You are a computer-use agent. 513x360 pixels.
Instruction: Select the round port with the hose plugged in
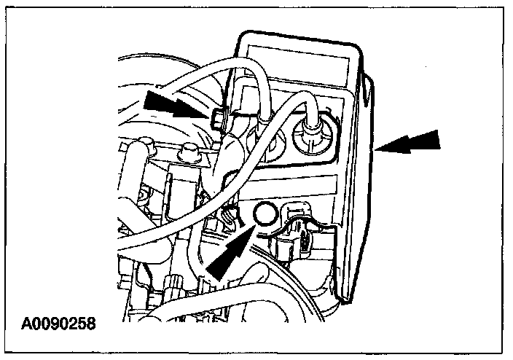[308, 136]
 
